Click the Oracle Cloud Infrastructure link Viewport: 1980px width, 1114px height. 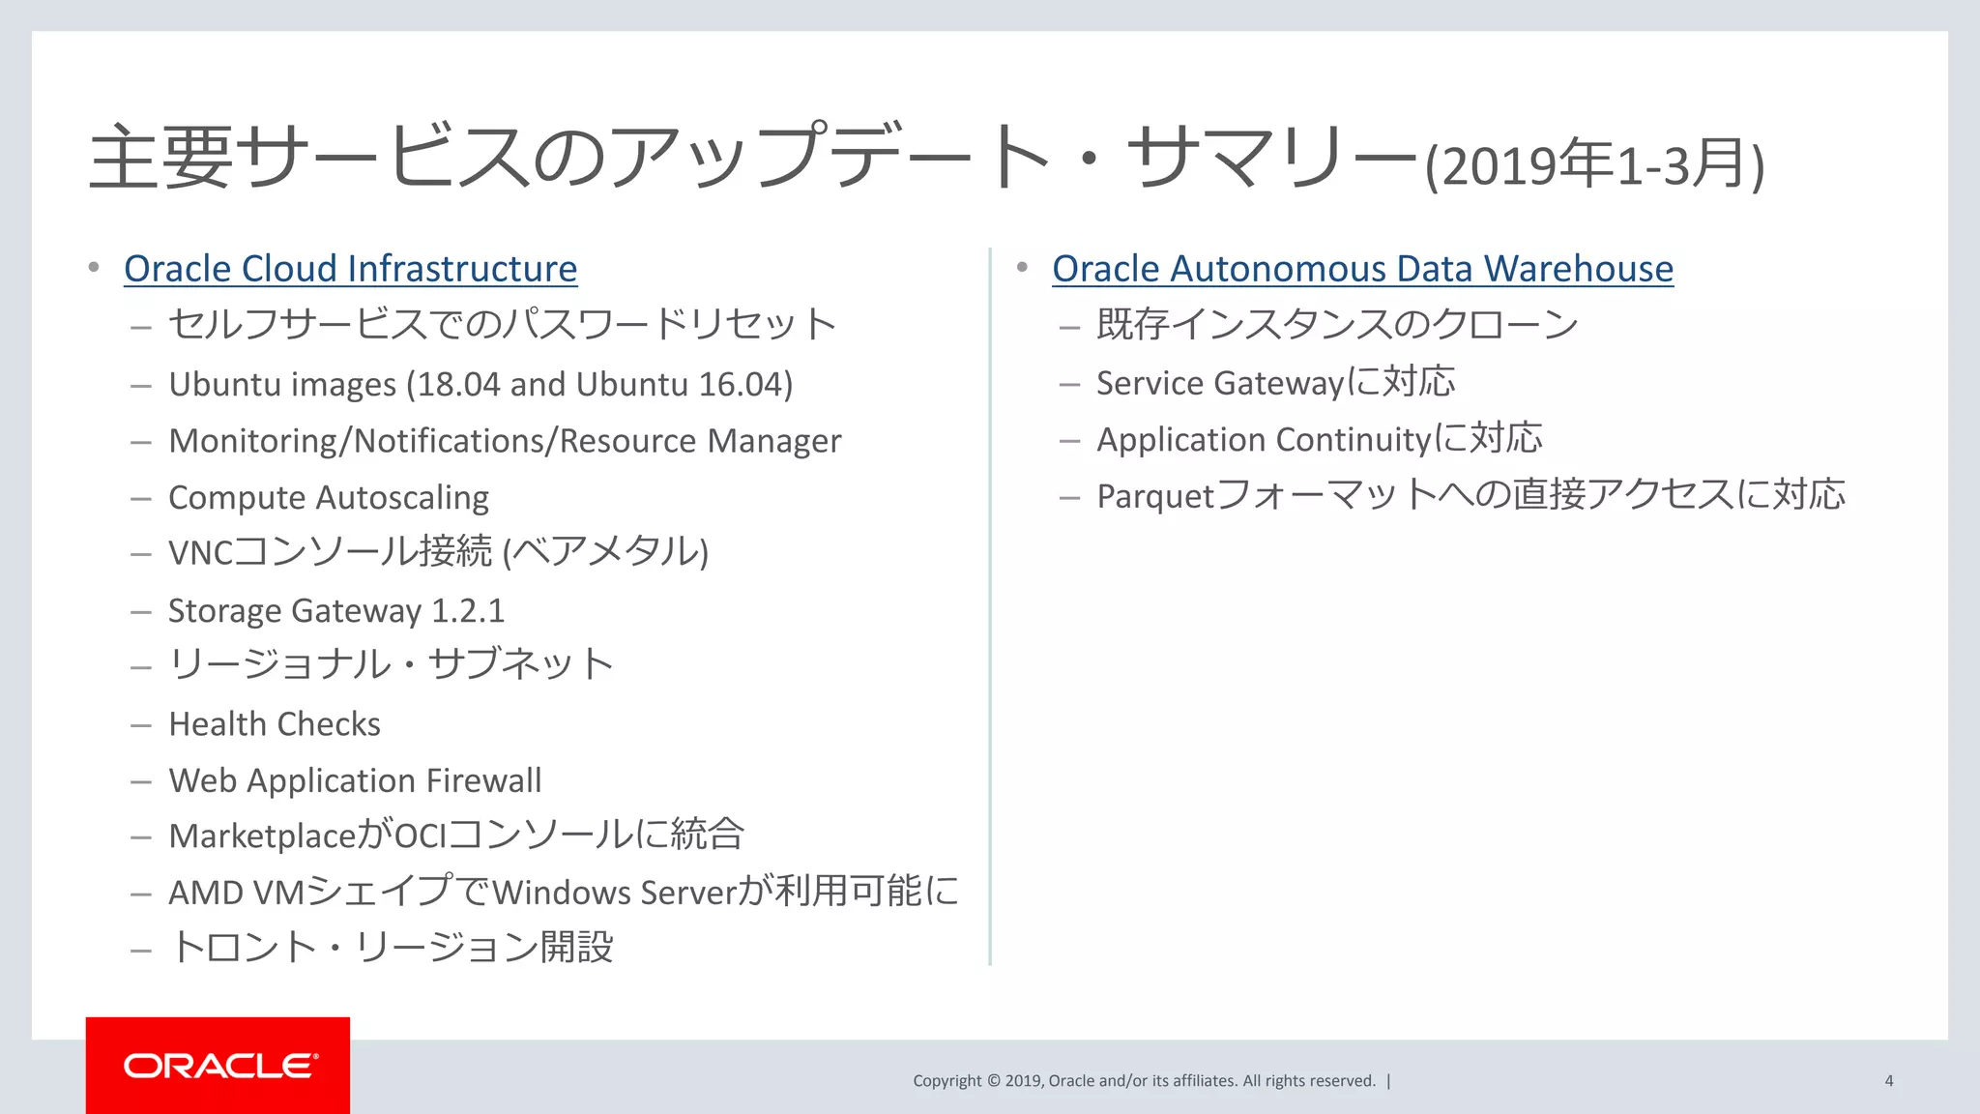[350, 269]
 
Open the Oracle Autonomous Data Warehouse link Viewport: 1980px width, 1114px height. [1362, 269]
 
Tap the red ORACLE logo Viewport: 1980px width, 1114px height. [218, 1066]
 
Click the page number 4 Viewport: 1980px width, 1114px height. [1888, 1081]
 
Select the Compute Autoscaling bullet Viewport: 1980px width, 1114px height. [329, 497]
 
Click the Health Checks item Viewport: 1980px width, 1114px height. [275, 724]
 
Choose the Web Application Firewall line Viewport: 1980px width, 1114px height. [355, 780]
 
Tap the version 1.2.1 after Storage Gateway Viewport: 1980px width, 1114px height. [468, 611]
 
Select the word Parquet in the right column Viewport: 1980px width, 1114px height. [1154, 496]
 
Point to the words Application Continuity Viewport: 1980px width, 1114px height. [1263, 440]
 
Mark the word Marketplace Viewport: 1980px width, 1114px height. [262, 836]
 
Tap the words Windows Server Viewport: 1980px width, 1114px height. [615, 893]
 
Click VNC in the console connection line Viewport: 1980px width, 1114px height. [200, 553]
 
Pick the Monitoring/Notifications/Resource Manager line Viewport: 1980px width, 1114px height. [505, 441]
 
